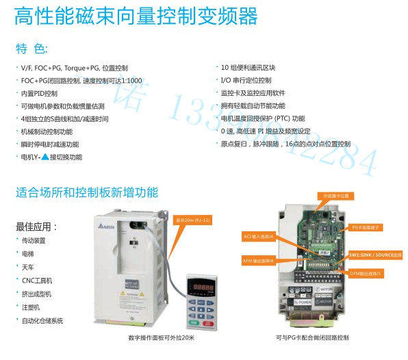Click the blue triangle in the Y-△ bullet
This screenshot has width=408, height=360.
[46, 157]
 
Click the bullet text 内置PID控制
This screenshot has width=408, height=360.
[40, 93]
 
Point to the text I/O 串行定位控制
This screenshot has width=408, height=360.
[246, 80]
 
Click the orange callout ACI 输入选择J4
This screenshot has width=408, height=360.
[259, 236]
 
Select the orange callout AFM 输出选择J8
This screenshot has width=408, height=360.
[259, 260]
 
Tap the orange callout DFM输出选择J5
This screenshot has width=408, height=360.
[368, 272]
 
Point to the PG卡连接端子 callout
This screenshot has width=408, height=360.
[370, 226]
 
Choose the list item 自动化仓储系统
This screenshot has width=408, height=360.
[42, 320]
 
